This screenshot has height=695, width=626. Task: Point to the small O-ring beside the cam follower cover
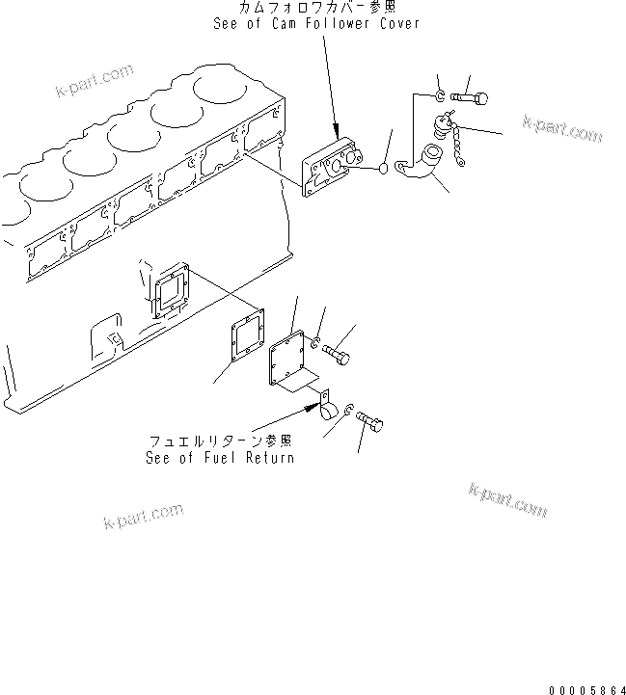(383, 170)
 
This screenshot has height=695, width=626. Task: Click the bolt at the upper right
(470, 96)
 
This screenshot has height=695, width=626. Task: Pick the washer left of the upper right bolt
(440, 95)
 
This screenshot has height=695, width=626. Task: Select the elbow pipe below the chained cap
(423, 163)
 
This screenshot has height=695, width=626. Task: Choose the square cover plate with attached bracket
(290, 362)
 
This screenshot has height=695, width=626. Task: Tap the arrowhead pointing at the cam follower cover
(336, 134)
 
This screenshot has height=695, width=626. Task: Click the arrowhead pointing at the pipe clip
(313, 406)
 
